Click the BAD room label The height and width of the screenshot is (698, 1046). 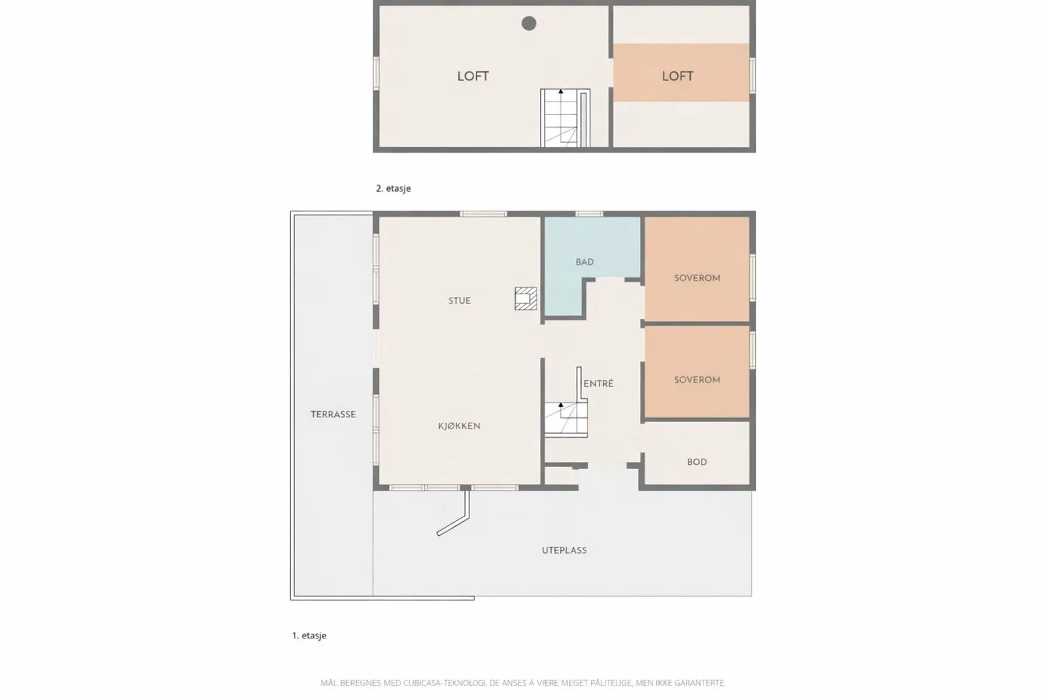pyautogui.click(x=584, y=262)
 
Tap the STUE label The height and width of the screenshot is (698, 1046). pyautogui.click(x=459, y=301)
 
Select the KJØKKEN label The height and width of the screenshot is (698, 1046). pyautogui.click(x=459, y=426)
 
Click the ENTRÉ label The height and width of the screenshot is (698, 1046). pyautogui.click(x=598, y=384)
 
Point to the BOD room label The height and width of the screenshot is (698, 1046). pyautogui.click(x=697, y=462)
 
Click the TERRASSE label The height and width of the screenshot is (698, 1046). pyautogui.click(x=333, y=414)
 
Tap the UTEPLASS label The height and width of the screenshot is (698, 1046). pyautogui.click(x=564, y=550)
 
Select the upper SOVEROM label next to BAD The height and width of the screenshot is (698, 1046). pyautogui.click(x=697, y=278)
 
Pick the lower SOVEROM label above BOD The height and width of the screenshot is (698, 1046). pyautogui.click(x=697, y=379)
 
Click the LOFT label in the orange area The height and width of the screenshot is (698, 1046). pyautogui.click(x=677, y=76)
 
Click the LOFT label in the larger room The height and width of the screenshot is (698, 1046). pyautogui.click(x=473, y=76)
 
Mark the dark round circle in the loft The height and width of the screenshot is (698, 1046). pyautogui.click(x=529, y=24)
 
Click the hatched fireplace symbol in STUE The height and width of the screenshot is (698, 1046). pyautogui.click(x=526, y=298)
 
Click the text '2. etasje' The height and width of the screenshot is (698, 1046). pyautogui.click(x=393, y=188)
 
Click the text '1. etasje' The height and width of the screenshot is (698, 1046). pyautogui.click(x=309, y=635)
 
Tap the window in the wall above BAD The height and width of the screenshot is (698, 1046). pyautogui.click(x=589, y=214)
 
